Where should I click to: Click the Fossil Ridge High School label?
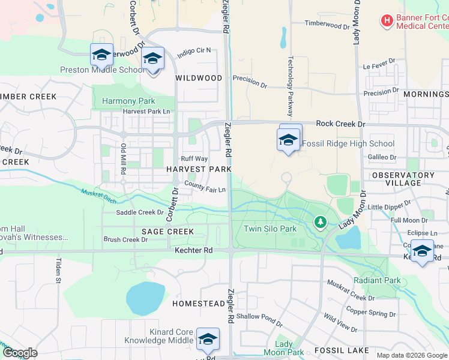(348, 143)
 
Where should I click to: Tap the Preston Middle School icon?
(102, 55)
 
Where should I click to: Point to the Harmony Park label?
(128, 101)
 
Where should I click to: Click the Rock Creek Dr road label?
(340, 124)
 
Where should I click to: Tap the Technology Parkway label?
(291, 86)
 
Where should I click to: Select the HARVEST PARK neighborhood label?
(199, 169)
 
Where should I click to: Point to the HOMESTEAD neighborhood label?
(198, 304)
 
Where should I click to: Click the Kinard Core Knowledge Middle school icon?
(208, 340)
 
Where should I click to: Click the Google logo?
(20, 353)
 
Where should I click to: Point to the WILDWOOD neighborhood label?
(198, 78)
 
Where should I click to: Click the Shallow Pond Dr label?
(259, 316)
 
